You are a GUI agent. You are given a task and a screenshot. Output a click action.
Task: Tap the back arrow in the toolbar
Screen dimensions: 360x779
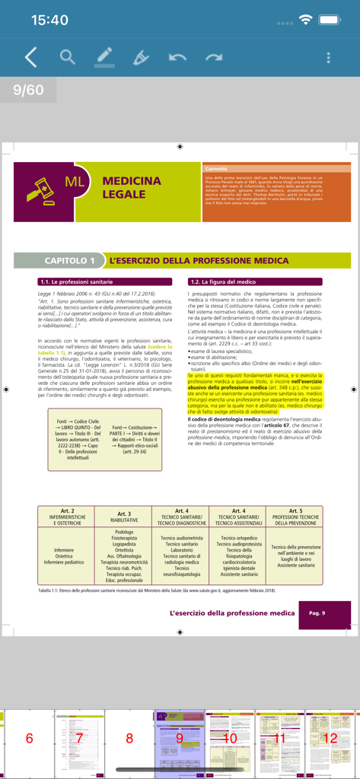click(30, 57)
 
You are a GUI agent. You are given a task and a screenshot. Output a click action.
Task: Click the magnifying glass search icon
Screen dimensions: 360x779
click(68, 57)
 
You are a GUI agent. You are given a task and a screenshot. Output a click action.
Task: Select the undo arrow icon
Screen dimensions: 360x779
click(177, 57)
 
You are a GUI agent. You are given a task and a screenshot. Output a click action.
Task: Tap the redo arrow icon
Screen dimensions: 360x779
click(213, 57)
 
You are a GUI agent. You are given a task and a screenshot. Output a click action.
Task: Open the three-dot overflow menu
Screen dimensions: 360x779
click(328, 58)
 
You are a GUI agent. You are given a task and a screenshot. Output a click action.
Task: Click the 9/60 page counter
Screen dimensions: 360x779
click(28, 90)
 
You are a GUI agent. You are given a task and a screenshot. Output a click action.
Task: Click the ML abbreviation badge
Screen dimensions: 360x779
click(75, 182)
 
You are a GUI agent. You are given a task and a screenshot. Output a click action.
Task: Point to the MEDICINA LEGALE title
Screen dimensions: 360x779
click(131, 187)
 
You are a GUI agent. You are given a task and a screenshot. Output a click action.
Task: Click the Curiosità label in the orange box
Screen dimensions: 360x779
click(216, 168)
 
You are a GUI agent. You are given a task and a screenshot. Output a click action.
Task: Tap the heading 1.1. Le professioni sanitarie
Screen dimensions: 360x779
click(76, 281)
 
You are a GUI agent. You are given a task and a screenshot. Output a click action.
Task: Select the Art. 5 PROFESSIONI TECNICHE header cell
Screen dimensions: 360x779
click(296, 517)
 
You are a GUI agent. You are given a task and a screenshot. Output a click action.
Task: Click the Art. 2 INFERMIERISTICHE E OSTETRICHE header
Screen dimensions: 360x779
click(67, 517)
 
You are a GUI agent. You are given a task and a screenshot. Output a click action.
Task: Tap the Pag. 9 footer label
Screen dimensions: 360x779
click(317, 613)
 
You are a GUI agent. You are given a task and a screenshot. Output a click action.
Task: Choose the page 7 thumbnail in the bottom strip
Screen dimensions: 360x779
click(78, 738)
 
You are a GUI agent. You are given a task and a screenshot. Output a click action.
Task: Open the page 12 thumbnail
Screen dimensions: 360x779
click(330, 738)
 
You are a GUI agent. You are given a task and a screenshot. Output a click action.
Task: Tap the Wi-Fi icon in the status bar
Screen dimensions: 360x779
click(306, 20)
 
